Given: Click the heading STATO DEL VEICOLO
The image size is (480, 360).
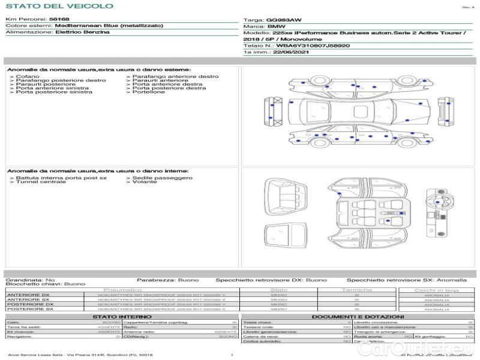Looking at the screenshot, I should [x=59, y=6].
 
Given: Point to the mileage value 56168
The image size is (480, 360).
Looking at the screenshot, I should [x=59, y=19].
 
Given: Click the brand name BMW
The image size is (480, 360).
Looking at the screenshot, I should [x=276, y=27].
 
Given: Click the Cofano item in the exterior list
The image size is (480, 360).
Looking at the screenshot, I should [x=28, y=77].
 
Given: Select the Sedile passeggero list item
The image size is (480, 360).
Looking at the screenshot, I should [x=163, y=178].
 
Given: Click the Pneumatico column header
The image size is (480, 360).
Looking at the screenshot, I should [x=127, y=290].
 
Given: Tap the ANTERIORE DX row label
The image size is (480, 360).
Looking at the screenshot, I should [x=29, y=295].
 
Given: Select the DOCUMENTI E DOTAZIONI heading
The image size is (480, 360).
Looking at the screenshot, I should [x=358, y=317].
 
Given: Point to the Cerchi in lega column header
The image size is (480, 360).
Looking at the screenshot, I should [x=436, y=290].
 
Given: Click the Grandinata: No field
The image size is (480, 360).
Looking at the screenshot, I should [x=30, y=280].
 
